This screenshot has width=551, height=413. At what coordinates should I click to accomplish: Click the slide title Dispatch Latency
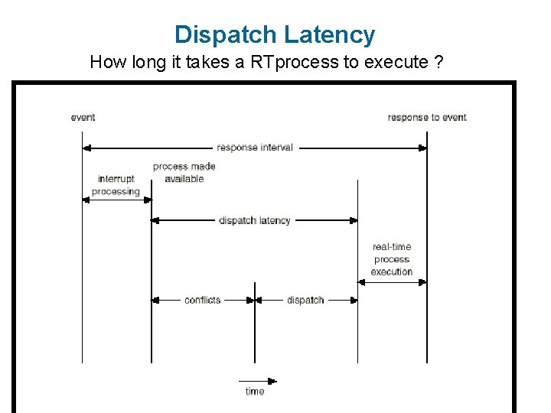pos(275,34)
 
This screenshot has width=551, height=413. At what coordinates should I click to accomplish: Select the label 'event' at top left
pos(83,117)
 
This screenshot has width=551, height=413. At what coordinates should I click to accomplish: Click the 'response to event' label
pos(426,117)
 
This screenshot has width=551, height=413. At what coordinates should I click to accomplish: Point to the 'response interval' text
pos(255,147)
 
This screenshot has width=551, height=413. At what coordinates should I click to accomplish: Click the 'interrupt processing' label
pos(116,185)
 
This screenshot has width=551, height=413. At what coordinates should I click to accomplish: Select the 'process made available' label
pos(184,172)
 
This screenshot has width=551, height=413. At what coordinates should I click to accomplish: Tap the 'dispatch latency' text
pos(255,220)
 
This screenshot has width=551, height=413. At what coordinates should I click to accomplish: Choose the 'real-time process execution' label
pos(392,259)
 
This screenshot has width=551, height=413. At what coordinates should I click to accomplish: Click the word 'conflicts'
pos(203,300)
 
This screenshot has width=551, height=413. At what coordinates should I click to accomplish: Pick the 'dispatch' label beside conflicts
pos(305,300)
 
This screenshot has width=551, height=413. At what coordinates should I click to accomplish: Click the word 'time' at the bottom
pos(255,392)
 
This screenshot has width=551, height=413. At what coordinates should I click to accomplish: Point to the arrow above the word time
pos(257,380)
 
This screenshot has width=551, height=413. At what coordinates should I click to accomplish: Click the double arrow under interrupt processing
pos(116,200)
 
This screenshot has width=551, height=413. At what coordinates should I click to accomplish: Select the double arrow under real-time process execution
pos(392,281)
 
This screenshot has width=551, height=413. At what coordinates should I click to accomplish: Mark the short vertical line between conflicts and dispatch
pos(255,321)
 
